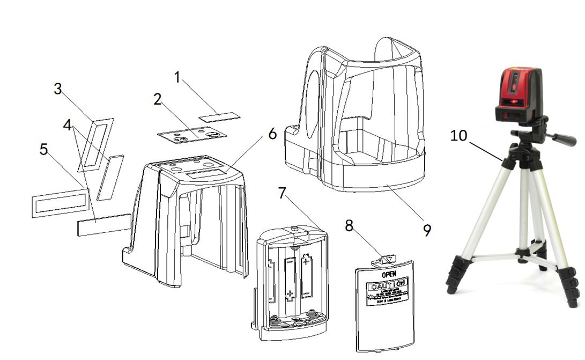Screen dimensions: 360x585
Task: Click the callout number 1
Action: tap(177, 77)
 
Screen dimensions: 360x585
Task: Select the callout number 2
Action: tap(157, 99)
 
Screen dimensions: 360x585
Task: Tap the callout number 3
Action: tap(57, 89)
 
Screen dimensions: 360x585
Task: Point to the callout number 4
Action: tap(67, 125)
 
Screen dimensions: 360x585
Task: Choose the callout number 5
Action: tap(44, 149)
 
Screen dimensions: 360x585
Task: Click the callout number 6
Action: tap(272, 134)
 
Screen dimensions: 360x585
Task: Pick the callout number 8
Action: tap(349, 226)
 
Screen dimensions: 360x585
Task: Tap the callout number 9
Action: tap(427, 230)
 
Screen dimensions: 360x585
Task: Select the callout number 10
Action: tap(459, 136)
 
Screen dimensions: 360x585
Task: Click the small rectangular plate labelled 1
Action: tap(219, 116)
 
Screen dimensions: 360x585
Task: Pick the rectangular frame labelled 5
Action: tap(60, 202)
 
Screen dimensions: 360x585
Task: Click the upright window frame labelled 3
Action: tap(95, 144)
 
